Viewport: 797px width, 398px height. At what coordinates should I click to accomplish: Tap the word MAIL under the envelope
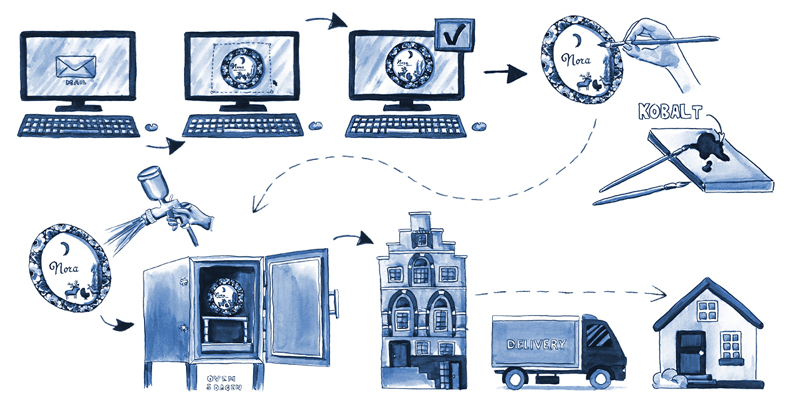[x=76, y=84]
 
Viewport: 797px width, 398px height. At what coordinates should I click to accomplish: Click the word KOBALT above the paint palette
[x=669, y=110]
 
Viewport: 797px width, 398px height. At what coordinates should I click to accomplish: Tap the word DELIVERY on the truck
[x=536, y=344]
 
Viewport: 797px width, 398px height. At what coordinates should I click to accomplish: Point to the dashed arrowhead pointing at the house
[x=660, y=292]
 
